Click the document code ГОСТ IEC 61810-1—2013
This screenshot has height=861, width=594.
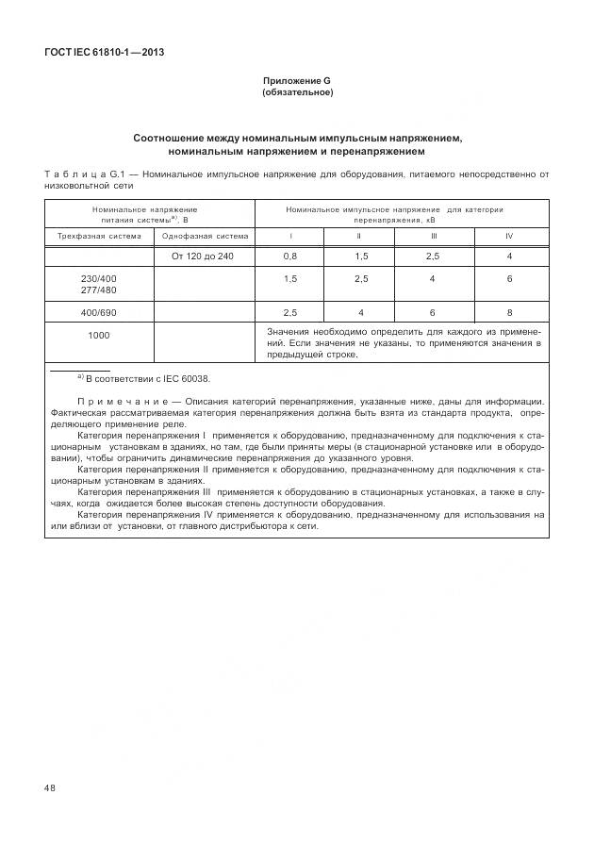click(105, 52)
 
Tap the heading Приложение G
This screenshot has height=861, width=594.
click(297, 82)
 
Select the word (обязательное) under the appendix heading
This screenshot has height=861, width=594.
click(297, 92)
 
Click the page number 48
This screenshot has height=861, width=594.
click(50, 786)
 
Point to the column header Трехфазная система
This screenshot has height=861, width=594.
click(99, 236)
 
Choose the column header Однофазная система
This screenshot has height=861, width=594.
click(205, 236)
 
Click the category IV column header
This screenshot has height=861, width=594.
click(509, 236)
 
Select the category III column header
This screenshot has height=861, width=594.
click(434, 236)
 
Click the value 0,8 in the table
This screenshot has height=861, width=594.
click(291, 256)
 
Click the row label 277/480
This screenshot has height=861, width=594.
click(99, 290)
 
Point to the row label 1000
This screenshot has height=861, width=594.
click(99, 334)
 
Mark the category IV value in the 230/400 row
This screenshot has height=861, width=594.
click(509, 279)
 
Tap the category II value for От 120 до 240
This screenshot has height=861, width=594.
click(361, 256)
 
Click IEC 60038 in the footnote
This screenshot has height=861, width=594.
click(189, 378)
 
